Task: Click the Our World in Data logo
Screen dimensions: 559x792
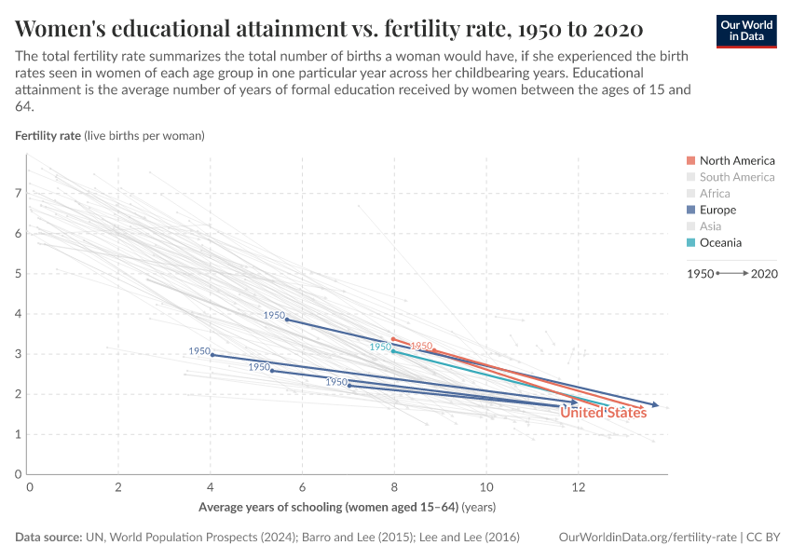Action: coord(746,31)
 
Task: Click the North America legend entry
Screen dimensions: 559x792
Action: coord(736,160)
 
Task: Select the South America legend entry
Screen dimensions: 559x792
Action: coord(736,177)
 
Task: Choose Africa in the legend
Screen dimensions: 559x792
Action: coord(715,194)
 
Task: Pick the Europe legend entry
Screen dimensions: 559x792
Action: coord(717,211)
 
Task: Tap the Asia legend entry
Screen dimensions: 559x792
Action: coord(710,226)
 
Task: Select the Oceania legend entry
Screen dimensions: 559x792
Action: coord(720,243)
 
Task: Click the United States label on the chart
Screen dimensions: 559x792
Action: coord(603,413)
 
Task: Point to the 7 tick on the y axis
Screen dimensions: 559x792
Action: coord(18,194)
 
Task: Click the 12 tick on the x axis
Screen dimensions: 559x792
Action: coord(578,487)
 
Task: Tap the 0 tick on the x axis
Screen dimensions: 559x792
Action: coord(30,487)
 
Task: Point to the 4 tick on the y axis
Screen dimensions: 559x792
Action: coord(18,314)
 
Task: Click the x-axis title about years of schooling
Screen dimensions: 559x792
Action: coord(347,508)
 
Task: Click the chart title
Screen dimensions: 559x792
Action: coord(328,27)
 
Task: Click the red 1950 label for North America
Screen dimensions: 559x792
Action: coord(422,346)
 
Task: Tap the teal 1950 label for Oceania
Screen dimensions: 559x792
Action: coord(380,347)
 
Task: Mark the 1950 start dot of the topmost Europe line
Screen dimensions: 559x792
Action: coord(286,320)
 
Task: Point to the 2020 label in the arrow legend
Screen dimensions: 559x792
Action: coord(764,274)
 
